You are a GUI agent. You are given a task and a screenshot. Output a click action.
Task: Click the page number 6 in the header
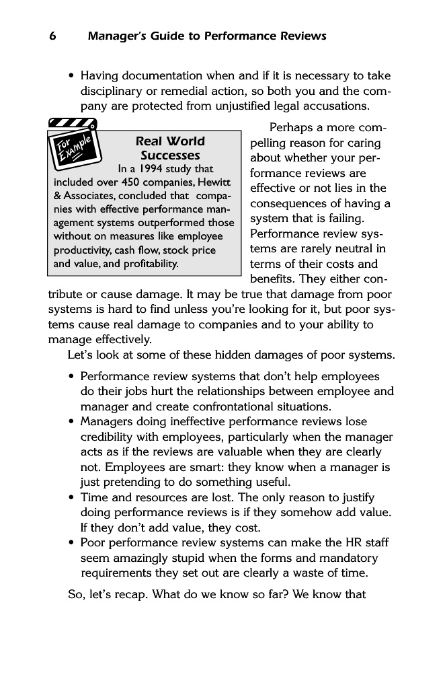[x=52, y=36]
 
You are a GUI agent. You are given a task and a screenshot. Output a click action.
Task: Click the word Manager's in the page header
[x=115, y=36]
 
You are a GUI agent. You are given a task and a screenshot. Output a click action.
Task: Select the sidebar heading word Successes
[x=170, y=155]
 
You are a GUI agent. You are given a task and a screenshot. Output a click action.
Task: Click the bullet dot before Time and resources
[x=71, y=497]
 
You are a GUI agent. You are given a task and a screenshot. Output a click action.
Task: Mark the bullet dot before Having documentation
[x=71, y=76]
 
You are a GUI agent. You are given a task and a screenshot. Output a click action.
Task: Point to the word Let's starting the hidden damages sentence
[x=82, y=355]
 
